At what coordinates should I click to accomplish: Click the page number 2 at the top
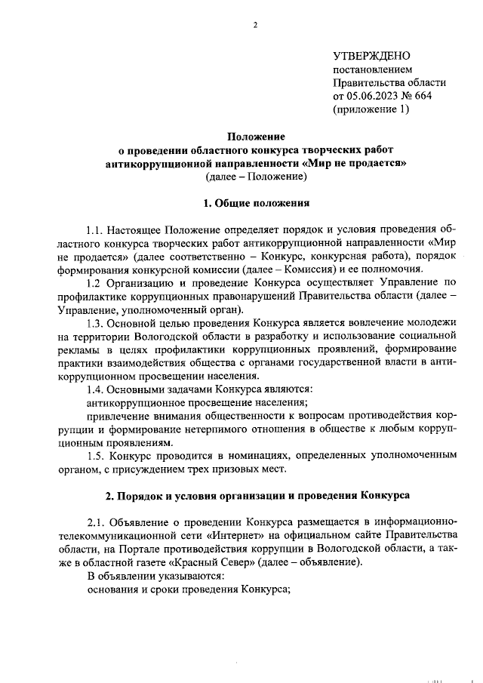(x=255, y=25)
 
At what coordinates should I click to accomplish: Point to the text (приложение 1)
(x=371, y=109)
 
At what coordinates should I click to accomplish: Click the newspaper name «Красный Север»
(x=207, y=563)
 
